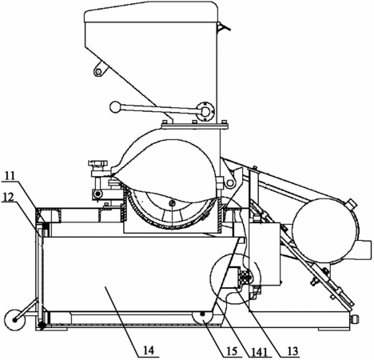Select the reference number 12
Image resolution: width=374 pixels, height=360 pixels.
point(10,197)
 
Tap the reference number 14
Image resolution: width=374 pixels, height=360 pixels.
point(149,350)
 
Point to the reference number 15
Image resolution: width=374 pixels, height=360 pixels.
point(232,351)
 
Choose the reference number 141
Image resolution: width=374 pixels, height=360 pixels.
point(259,352)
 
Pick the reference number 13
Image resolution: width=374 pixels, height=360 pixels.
point(292,351)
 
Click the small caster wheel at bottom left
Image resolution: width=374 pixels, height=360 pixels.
point(14,320)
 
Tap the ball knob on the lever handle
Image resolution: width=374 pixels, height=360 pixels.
point(115,107)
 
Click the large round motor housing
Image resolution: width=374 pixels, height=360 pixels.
point(325,231)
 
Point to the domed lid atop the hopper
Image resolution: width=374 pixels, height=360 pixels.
point(151,12)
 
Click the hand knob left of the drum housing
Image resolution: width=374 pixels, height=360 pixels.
point(98,162)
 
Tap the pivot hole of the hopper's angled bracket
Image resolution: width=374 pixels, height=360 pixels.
point(98,71)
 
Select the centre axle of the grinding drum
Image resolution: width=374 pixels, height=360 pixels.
point(172,204)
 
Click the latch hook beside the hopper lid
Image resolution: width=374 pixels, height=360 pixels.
point(222,26)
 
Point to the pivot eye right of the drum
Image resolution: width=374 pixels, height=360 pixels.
point(229,183)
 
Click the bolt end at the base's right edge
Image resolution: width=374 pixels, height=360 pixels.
point(356,318)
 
